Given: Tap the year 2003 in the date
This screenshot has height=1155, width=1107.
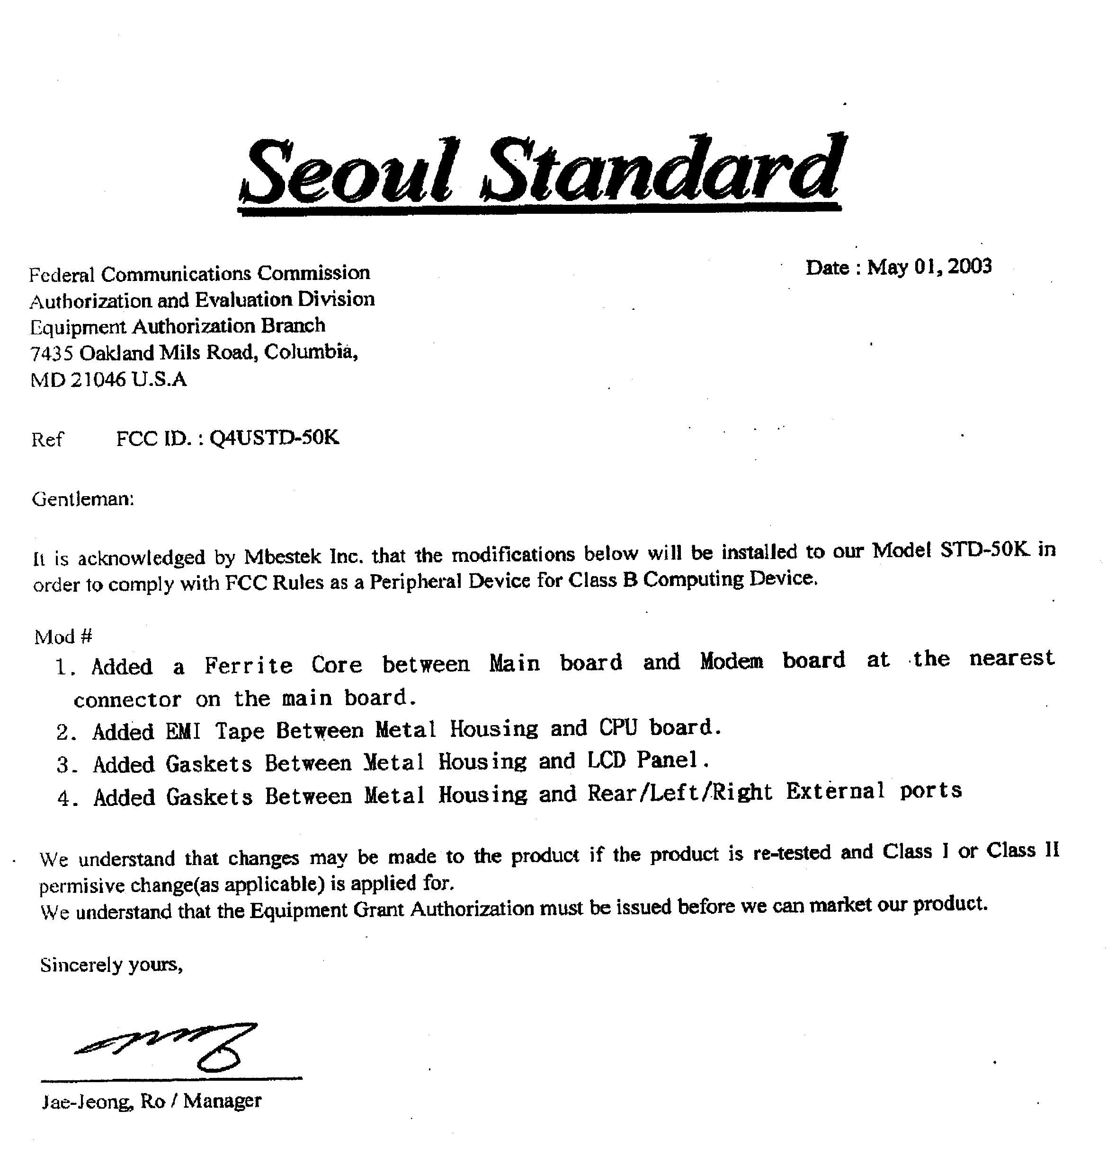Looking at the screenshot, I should click(x=970, y=266).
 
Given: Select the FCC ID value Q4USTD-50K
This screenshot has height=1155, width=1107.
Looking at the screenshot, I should click(x=274, y=438).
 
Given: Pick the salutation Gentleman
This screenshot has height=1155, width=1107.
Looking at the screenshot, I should click(x=82, y=499).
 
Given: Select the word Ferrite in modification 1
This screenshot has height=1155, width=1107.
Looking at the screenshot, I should click(x=248, y=665).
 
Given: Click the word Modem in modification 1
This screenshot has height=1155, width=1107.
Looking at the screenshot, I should click(x=732, y=661).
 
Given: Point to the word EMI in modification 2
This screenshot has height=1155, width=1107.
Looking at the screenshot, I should click(x=183, y=731).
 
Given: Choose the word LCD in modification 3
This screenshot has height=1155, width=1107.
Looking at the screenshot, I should click(x=606, y=760).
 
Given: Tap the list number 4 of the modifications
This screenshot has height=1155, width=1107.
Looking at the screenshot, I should click(x=64, y=798).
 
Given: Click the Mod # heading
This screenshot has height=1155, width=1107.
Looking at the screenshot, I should click(x=63, y=637).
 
